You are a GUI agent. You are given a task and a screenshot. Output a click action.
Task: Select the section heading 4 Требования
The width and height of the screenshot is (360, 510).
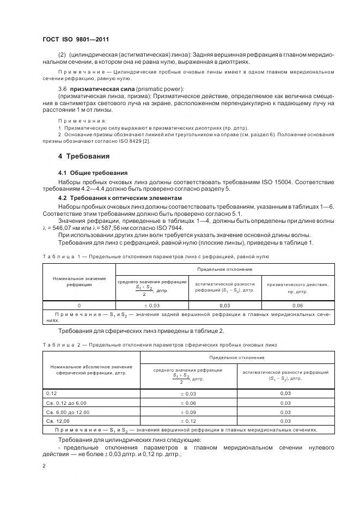point(84,156)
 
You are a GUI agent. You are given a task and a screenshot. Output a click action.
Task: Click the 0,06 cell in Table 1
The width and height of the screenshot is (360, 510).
point(297,306)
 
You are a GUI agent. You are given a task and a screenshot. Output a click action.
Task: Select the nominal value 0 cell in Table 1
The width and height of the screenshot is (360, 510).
point(79,306)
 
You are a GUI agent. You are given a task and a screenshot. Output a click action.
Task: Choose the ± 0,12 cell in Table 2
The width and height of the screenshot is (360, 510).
point(188,421)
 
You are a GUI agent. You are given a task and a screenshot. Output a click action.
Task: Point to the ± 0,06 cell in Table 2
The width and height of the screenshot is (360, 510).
point(188,403)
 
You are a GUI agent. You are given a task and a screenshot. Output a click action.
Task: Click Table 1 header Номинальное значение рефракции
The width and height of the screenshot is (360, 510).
point(79,281)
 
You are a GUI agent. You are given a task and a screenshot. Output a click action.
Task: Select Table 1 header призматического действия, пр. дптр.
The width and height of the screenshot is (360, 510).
point(297,287)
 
